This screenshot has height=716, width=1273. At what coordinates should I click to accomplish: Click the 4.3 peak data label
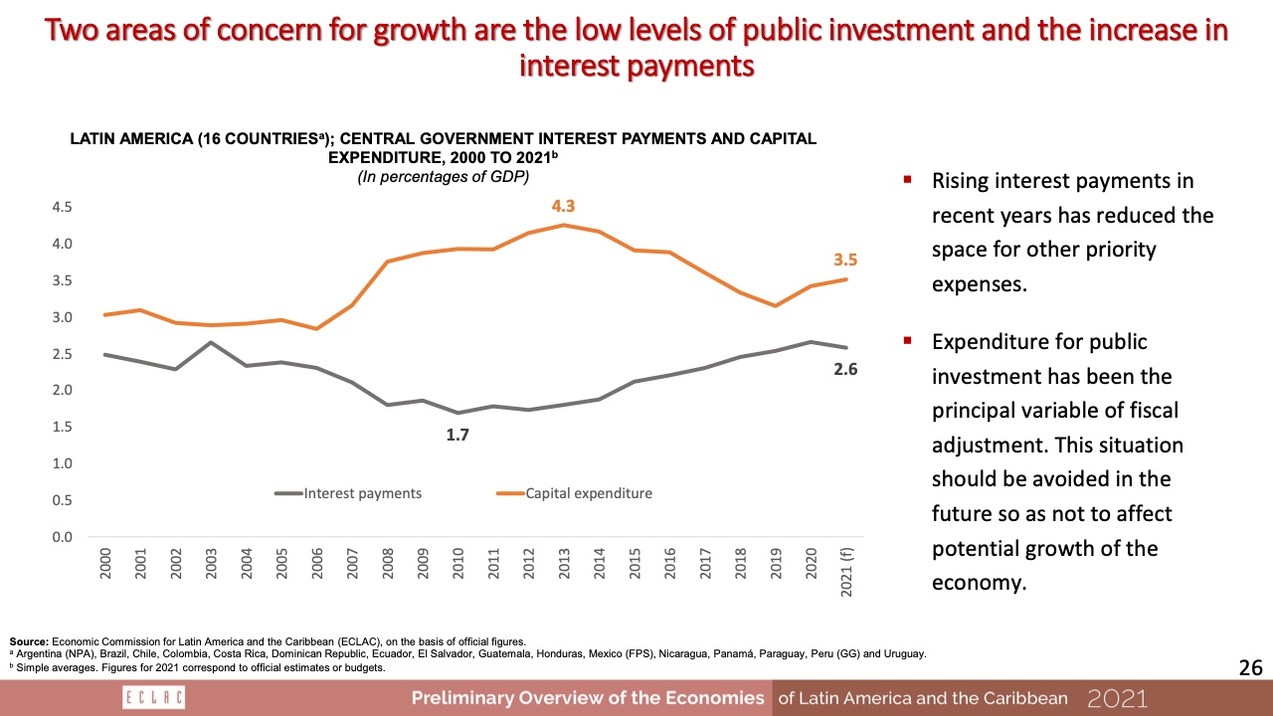click(564, 207)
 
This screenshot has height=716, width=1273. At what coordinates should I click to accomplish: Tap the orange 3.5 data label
click(844, 260)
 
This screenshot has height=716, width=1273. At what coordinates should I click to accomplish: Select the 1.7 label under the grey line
click(456, 435)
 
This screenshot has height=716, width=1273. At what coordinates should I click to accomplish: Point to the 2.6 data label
click(844, 369)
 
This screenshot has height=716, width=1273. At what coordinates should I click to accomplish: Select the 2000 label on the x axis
click(105, 563)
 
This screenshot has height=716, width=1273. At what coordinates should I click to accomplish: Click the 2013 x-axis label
click(565, 563)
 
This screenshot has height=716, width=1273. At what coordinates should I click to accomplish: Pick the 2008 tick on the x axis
click(388, 563)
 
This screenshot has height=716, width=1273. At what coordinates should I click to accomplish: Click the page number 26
click(1250, 668)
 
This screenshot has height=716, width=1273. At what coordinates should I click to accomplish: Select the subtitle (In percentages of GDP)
click(444, 177)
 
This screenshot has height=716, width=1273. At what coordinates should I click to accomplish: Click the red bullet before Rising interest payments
click(907, 181)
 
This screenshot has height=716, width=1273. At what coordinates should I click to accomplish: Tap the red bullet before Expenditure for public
click(907, 341)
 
